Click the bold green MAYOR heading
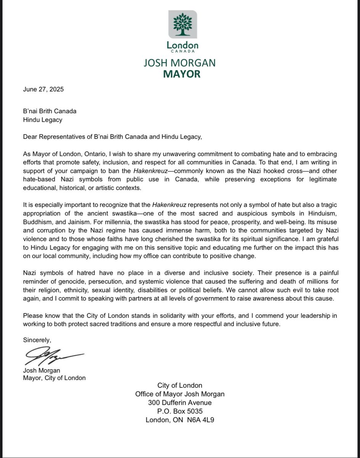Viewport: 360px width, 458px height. click(x=182, y=74)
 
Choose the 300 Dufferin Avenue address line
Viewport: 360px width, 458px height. click(x=180, y=403)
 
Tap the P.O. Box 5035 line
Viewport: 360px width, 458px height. click(x=180, y=411)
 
